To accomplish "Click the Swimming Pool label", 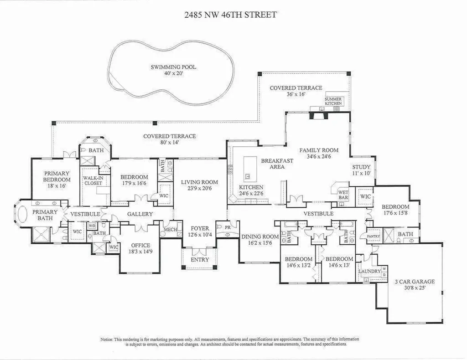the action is coord(173,67).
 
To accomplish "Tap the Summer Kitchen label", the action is coord(333,101).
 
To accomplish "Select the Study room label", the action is coord(361,167).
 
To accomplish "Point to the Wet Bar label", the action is coord(343,195).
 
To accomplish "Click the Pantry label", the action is coord(374,236).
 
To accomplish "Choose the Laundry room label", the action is coord(369,271).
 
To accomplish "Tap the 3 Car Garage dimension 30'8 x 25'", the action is coord(415,288).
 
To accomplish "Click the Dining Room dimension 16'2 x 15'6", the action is coord(260,243).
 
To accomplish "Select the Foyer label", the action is coord(200,228).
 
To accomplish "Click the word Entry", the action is coord(200,259).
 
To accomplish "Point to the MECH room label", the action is coord(171,229).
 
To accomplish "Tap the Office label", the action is coord(140,245).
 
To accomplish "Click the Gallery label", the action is coord(140,214).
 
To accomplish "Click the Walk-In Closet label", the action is coord(93,180).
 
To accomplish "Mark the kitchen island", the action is coord(250,169).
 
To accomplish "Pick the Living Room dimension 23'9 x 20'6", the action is coord(200,188).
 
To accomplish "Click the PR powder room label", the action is coord(228,227).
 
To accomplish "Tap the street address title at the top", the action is coord(230,15).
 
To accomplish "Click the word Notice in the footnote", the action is coord(106,339).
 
